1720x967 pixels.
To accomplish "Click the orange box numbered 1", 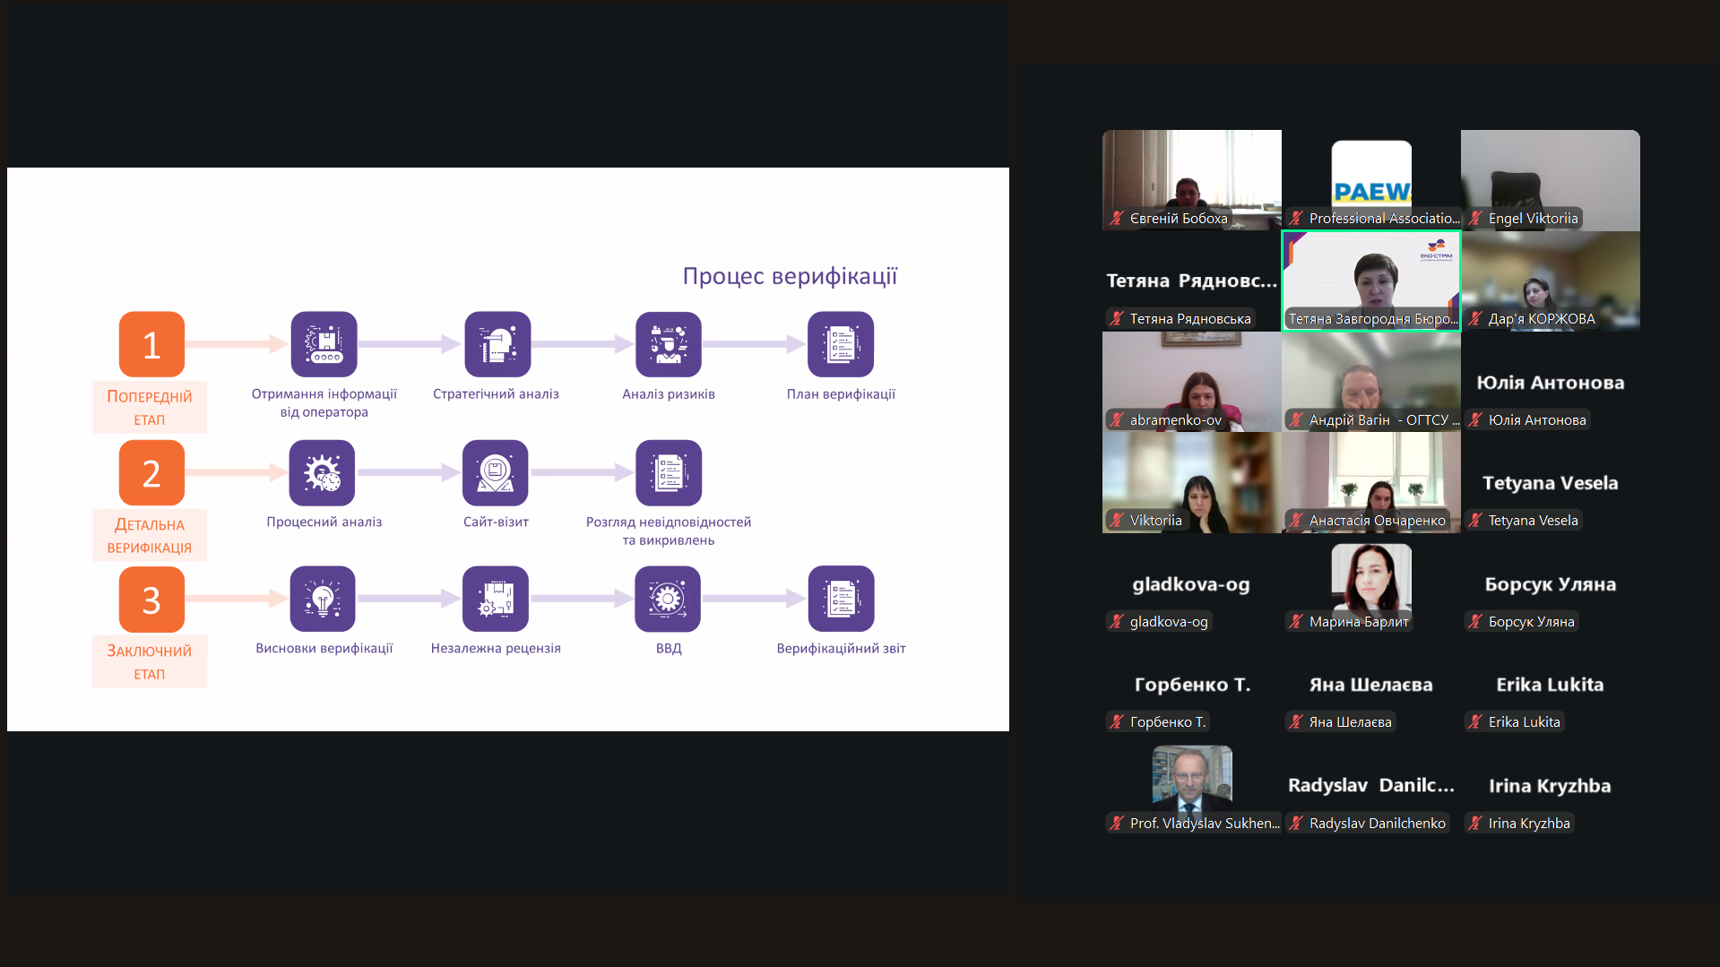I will (151, 344).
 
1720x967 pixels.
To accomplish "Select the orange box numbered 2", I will (151, 472).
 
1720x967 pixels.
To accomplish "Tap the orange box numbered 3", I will (151, 600).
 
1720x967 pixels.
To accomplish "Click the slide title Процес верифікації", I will (790, 276).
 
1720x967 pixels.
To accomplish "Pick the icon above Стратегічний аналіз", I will (497, 344).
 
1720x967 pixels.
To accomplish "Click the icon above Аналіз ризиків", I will (669, 344).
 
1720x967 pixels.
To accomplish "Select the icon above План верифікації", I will (841, 344).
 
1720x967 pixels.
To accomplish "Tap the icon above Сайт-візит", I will (496, 472).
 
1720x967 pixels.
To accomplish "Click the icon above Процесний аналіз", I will (323, 472).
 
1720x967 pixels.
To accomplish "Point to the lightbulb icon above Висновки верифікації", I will (323, 599).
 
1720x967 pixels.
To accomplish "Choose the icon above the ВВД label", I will (668, 599).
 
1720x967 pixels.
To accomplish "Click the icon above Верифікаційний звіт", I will (841, 599).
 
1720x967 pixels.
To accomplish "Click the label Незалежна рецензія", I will (496, 648).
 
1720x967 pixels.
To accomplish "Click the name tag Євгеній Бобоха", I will (1178, 219).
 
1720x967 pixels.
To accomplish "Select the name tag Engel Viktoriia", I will (1533, 219).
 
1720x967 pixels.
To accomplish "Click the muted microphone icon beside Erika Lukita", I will (1475, 721).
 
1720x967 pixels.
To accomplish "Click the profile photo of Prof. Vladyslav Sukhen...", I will (1192, 777).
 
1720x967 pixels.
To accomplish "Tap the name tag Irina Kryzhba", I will (1528, 823).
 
